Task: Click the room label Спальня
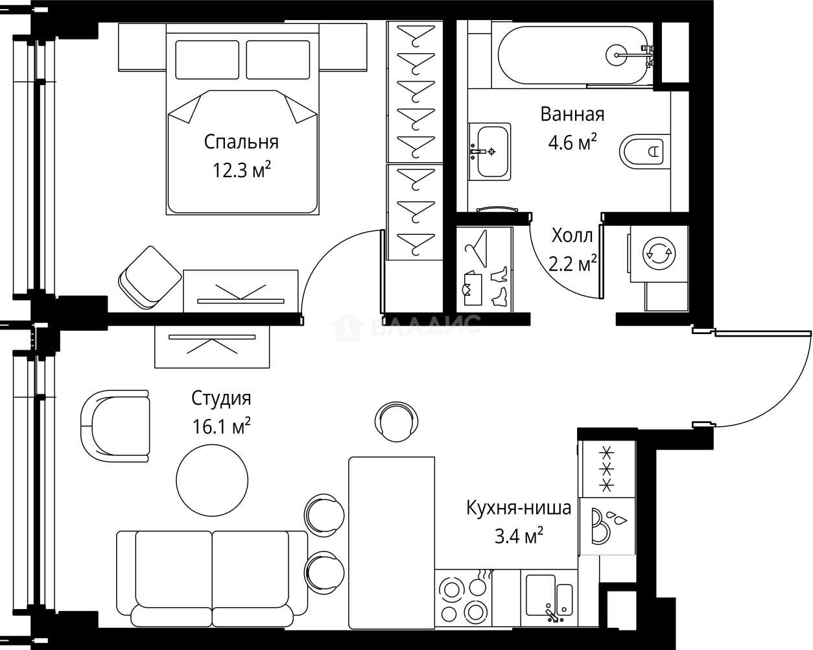pos(241,143)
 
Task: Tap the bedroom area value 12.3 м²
pos(242,170)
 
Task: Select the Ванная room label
pos(572,114)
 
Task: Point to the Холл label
pos(572,235)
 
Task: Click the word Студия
pos(221,398)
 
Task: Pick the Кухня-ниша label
pos(519,508)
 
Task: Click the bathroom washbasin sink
pos(489,151)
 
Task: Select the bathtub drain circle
pos(617,55)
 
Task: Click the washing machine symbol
pos(659,254)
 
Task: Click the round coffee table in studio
pos(212,480)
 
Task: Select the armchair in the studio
pos(115,426)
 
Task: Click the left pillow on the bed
pos(207,60)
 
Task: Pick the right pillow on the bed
pos(278,60)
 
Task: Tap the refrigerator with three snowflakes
pos(607,468)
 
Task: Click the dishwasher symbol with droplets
pos(607,526)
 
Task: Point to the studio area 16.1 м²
pos(221,426)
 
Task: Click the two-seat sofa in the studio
pos(212,578)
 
